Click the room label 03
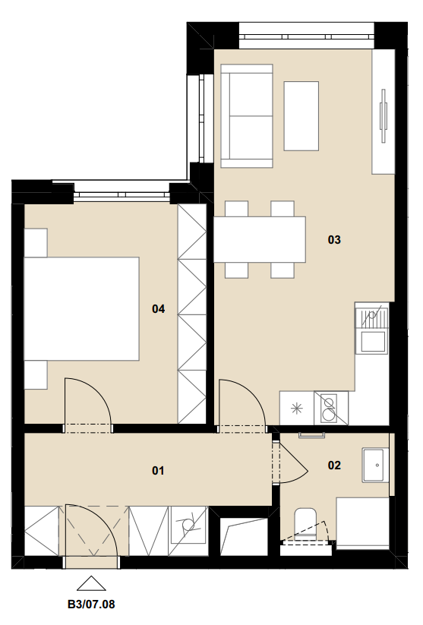tap(334, 239)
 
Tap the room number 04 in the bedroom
tap(158, 308)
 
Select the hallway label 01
tap(158, 471)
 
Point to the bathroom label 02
tap(334, 466)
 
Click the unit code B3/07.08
tap(91, 604)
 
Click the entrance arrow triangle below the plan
tap(91, 583)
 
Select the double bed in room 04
tap(82, 309)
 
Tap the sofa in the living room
tap(247, 116)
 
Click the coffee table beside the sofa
tap(301, 116)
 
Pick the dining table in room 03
tap(260, 239)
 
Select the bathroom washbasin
tap(374, 465)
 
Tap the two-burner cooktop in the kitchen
tap(331, 408)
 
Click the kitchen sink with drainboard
tap(371, 327)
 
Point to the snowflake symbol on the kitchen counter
tap(297, 408)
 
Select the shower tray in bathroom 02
tap(363, 523)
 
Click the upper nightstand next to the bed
tap(36, 243)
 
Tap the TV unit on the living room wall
tap(384, 112)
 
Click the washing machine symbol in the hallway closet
tap(188, 526)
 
